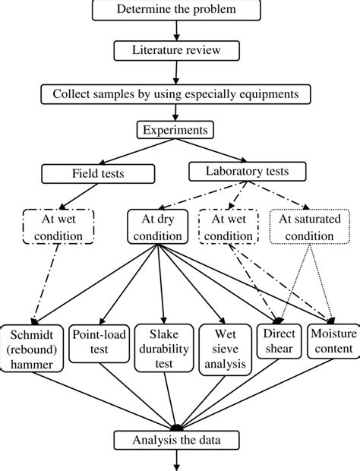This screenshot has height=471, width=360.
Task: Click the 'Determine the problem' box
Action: click(x=175, y=10)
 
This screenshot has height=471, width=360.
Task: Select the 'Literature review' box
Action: click(x=175, y=51)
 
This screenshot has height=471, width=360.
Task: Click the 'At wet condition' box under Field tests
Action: click(x=52, y=227)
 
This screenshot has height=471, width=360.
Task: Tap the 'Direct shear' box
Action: click(x=278, y=342)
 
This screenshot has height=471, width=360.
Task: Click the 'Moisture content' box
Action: click(x=331, y=342)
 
